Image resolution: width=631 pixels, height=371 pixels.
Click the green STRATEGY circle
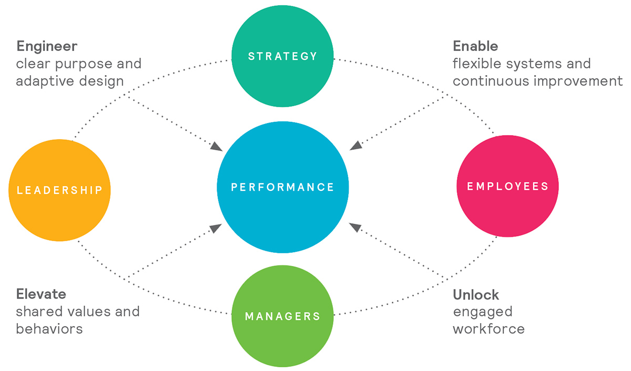(x=282, y=56)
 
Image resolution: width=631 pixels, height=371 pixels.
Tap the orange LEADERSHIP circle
(x=59, y=190)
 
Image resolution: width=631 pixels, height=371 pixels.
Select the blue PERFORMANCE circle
(x=283, y=187)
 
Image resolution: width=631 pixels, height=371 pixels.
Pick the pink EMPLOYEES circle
(x=507, y=186)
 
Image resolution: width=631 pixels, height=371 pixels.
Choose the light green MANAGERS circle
(x=282, y=316)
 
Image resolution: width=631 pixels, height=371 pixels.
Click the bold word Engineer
(x=47, y=47)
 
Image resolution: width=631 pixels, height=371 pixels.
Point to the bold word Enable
(x=475, y=46)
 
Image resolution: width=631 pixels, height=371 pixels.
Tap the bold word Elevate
(x=41, y=294)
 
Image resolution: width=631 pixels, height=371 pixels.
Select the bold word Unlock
(x=476, y=295)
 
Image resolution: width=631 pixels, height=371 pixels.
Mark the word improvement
(x=578, y=82)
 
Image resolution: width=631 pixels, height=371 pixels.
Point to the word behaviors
(x=49, y=329)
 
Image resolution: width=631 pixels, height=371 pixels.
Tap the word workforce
(x=488, y=329)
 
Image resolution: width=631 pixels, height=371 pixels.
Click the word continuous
(x=491, y=81)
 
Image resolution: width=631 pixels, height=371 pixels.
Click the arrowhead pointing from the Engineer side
(x=216, y=147)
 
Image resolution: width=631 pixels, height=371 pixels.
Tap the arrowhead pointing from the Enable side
(x=356, y=146)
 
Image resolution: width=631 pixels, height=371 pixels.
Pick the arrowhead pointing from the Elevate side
(x=216, y=228)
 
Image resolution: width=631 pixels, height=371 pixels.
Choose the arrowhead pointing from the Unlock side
(x=355, y=227)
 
